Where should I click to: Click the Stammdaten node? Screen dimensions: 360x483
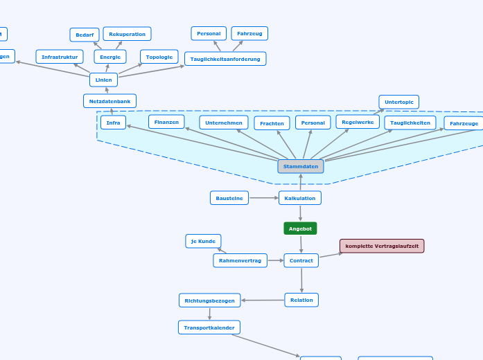click(301, 166)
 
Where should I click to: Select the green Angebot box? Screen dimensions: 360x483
click(300, 228)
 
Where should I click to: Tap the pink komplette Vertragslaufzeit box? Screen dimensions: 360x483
click(382, 246)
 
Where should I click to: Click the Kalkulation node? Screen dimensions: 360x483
click(300, 198)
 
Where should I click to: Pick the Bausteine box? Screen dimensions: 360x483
click(229, 198)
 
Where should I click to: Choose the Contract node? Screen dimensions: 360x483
click(301, 260)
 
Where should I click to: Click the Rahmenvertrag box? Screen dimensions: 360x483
click(240, 260)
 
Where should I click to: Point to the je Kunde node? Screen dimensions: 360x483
click(203, 241)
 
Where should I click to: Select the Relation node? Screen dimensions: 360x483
click(301, 300)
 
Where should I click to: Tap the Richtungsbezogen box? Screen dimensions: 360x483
click(210, 300)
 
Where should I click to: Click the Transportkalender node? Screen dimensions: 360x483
click(209, 327)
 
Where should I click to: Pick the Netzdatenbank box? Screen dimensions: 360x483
click(109, 101)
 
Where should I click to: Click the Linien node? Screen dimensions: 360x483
click(103, 80)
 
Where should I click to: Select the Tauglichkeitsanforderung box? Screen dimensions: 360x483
click(225, 59)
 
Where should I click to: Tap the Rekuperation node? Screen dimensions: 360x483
click(127, 34)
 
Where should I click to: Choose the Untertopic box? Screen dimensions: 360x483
click(398, 102)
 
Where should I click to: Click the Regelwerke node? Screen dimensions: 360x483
click(358, 122)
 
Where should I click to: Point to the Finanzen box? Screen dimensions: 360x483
click(166, 122)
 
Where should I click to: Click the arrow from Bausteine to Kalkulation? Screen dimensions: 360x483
click(263, 198)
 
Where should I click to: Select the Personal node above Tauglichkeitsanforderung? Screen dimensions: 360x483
click(209, 33)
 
